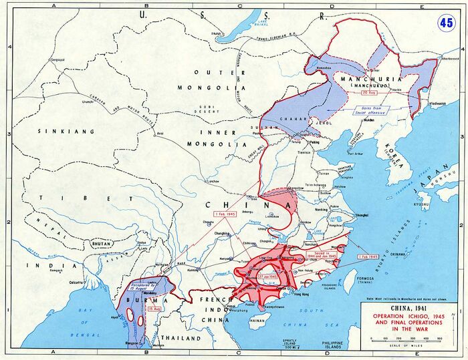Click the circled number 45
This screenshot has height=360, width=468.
click(x=445, y=22)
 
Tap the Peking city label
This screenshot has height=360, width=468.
click(x=315, y=143)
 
